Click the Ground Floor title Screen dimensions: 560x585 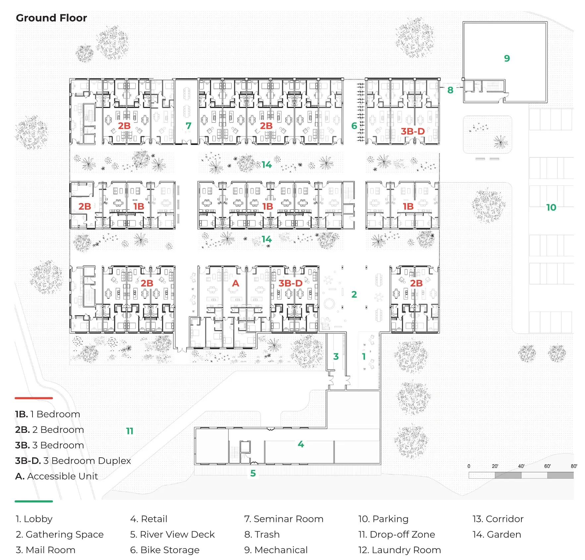click(x=51, y=18)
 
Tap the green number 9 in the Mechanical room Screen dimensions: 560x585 click(x=507, y=58)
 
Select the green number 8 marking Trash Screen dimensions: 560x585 click(x=450, y=90)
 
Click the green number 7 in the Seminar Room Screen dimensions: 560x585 click(x=188, y=126)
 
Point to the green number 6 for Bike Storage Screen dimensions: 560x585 click(x=354, y=126)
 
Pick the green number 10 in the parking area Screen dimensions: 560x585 click(x=551, y=207)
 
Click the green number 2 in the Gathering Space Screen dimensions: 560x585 click(x=354, y=294)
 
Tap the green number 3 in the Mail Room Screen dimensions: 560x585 click(x=336, y=356)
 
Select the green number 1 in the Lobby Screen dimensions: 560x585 click(x=364, y=356)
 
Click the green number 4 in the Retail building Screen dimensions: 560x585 click(x=301, y=444)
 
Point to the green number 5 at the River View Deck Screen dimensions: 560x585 click(x=253, y=473)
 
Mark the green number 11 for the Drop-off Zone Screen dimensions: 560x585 click(x=130, y=431)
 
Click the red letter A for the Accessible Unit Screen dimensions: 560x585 click(x=235, y=283)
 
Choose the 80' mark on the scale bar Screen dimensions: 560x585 click(x=574, y=466)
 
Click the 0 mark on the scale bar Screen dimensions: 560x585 click(x=469, y=466)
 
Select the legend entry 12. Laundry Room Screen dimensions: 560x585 click(x=399, y=550)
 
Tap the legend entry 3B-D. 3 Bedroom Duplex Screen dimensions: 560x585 click(x=73, y=461)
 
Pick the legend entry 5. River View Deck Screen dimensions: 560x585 click(x=172, y=535)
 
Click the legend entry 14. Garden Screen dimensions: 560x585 click(x=497, y=535)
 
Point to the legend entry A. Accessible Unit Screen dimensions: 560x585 click(x=56, y=476)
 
